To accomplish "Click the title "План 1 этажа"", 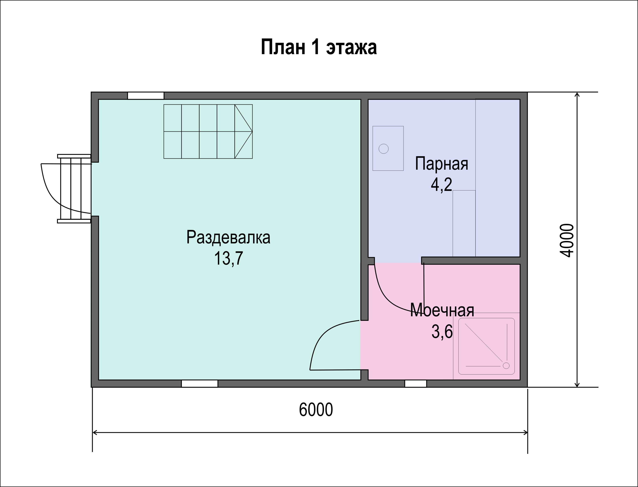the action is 319,47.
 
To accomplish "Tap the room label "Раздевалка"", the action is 228,237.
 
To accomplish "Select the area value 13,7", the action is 228,258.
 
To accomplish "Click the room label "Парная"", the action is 442,164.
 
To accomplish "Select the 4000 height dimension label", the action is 566,241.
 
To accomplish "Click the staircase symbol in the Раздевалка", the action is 208,131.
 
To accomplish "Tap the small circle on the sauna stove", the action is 383,149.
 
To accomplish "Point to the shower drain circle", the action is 506,366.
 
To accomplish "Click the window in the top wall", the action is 146,96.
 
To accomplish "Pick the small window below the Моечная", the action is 416,383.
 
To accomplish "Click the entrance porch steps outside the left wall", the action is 74,189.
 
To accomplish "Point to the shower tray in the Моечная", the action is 486,346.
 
